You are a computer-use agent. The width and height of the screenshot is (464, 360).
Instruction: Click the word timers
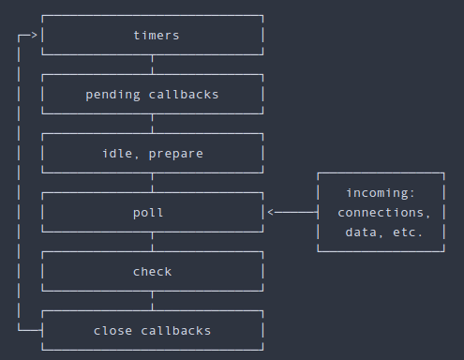(156, 36)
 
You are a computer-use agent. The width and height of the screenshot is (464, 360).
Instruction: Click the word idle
(117, 154)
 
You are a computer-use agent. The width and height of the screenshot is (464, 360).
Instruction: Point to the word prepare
(175, 154)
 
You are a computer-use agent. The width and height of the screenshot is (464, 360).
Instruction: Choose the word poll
(148, 213)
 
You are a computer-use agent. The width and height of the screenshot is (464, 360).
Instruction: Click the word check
(152, 272)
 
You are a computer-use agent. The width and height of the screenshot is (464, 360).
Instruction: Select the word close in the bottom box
(113, 331)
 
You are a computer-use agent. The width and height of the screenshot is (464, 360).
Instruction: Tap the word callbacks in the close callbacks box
(175, 331)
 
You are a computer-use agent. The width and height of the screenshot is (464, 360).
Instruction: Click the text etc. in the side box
(408, 232)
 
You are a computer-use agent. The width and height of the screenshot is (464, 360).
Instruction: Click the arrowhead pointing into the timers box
(35, 36)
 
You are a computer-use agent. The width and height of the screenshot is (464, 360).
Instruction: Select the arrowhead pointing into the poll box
(271, 213)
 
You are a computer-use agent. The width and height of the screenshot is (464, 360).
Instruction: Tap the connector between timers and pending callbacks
(152, 65)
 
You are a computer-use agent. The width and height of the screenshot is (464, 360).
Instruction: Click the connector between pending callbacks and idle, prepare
(152, 124)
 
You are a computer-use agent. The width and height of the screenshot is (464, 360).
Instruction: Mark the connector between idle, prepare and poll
(152, 183)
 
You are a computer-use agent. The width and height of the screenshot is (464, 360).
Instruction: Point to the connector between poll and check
(152, 242)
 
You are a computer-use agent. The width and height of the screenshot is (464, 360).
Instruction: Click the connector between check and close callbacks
(152, 301)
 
